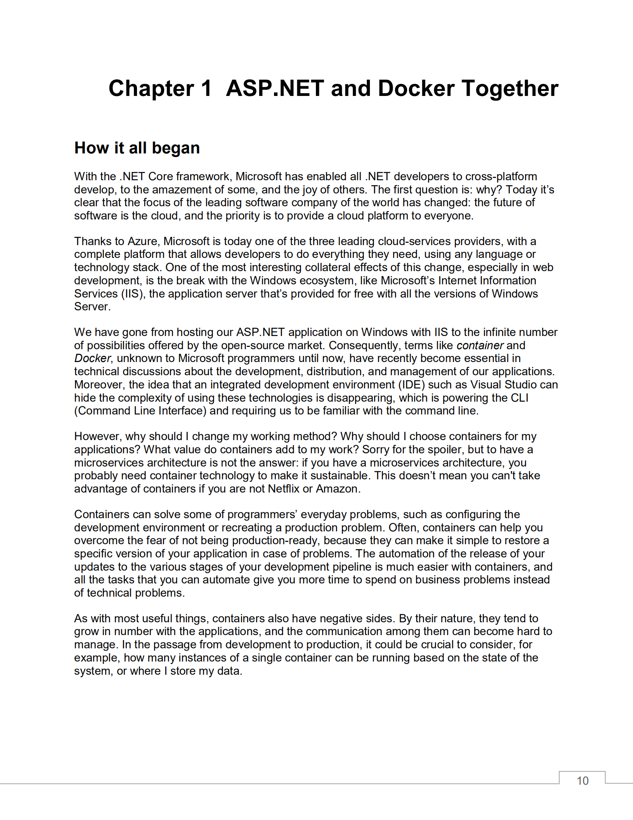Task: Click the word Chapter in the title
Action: tap(151, 89)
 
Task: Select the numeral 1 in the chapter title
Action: tap(206, 89)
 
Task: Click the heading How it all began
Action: tap(137, 148)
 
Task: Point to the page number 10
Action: tap(582, 780)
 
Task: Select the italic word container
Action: tap(480, 345)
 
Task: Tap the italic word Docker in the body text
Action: tap(92, 358)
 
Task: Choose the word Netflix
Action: tap(283, 489)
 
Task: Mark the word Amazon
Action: tap(337, 489)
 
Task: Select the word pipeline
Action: tap(352, 567)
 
